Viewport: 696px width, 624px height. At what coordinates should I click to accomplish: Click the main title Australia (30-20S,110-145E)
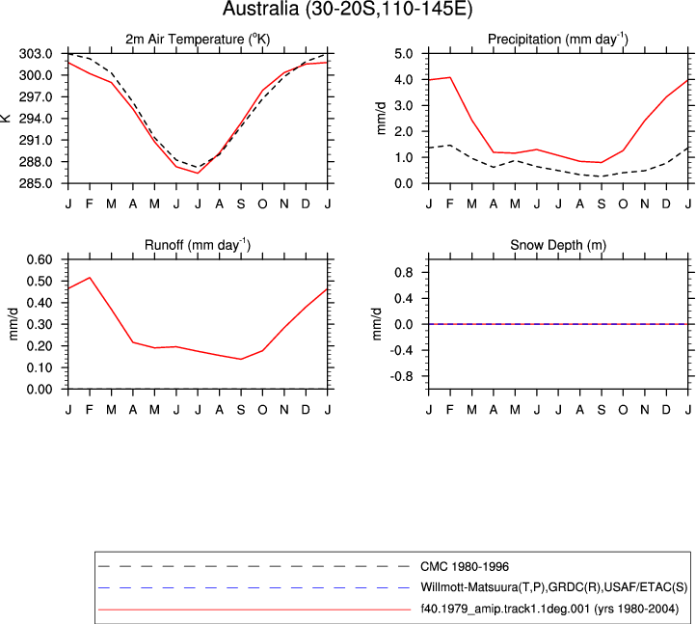tap(348, 9)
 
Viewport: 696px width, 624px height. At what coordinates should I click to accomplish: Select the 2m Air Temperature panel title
tap(198, 40)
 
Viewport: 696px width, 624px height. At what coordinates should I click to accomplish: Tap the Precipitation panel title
tap(558, 40)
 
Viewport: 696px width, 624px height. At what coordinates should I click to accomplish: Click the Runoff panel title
tap(198, 245)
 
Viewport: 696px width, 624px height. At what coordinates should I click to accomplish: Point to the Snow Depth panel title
tap(558, 245)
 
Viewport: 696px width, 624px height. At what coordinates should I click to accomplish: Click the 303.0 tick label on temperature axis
tap(36, 54)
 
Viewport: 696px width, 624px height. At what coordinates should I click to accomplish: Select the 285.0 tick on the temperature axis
tap(36, 183)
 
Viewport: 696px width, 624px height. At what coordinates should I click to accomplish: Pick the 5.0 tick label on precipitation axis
tap(404, 54)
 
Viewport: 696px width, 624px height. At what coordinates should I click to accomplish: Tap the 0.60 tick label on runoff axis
tap(40, 259)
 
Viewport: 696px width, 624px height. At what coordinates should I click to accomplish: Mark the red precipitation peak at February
tap(450, 77)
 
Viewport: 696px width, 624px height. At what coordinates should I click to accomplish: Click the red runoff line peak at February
tap(90, 278)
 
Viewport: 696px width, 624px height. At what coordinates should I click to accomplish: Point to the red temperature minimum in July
tap(198, 174)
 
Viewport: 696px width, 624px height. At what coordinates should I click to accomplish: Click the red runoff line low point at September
tap(241, 360)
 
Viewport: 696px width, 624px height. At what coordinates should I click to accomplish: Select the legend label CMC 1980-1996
tap(465, 567)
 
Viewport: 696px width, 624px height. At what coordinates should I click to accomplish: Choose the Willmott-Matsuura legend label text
tap(554, 587)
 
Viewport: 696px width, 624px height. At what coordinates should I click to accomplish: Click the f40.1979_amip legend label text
tap(549, 609)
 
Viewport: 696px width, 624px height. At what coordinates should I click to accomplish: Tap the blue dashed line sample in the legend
tap(254, 587)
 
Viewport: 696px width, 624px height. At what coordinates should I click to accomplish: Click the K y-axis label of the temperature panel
tap(6, 118)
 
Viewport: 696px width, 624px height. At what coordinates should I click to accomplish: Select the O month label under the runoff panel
tap(263, 410)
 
